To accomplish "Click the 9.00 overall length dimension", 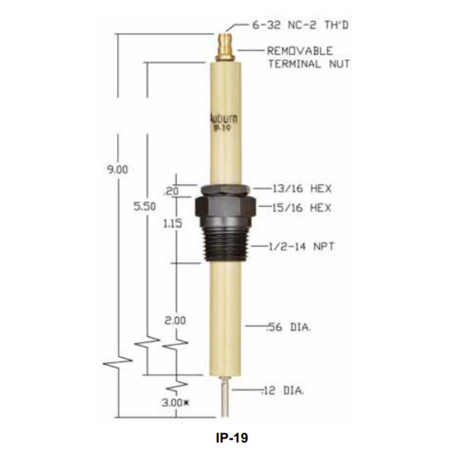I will (118, 170).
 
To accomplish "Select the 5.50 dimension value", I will (145, 206).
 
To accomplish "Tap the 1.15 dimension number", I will (172, 224).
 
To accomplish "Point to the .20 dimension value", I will (171, 191).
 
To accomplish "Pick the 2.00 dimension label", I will (175, 320).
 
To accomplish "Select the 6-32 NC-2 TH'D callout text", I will (300, 25).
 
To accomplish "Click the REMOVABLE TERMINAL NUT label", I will (308, 58).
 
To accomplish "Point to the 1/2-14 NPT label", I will (301, 247).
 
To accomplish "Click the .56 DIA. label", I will (288, 327).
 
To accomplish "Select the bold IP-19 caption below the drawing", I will (232, 438).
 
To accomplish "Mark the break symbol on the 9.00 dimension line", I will (118, 363).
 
